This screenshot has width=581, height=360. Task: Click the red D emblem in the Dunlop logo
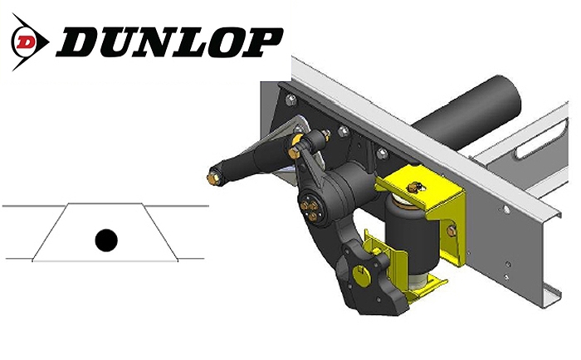[28, 39]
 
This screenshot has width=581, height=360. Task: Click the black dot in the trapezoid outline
[105, 241]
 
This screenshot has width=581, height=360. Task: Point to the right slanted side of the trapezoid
[162, 232]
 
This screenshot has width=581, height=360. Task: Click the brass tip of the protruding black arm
[213, 176]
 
